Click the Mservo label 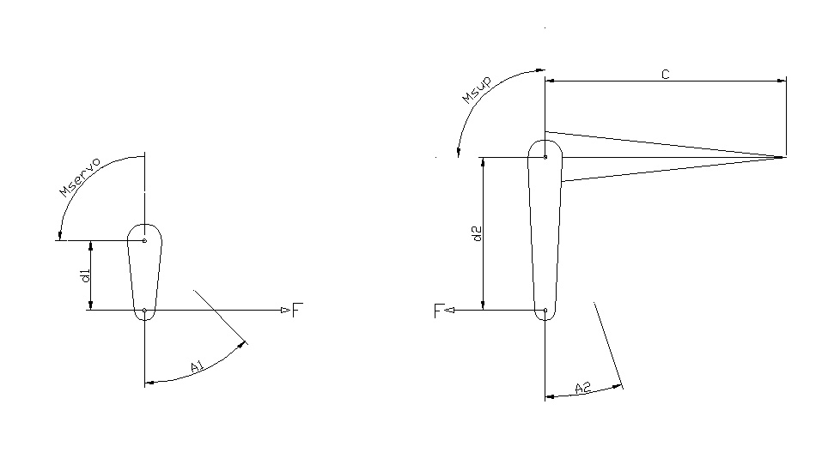[80, 178]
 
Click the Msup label [477, 90]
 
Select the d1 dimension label [87, 275]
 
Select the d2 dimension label [478, 233]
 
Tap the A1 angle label [197, 367]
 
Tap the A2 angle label [583, 387]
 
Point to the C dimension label [665, 75]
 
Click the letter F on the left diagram [297, 311]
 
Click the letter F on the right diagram [438, 311]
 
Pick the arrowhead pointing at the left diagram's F [286, 311]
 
